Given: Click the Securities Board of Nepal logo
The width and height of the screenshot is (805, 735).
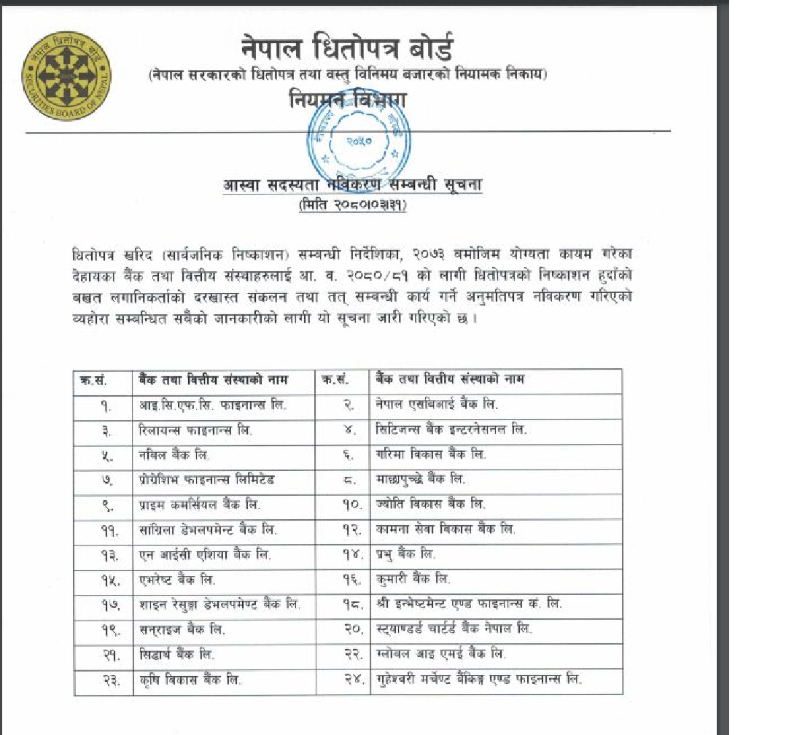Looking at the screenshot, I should [x=67, y=76].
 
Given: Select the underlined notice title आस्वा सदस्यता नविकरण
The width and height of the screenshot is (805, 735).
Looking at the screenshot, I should [x=352, y=185].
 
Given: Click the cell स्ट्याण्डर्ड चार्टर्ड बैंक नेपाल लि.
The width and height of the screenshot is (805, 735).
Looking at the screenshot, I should [x=454, y=629].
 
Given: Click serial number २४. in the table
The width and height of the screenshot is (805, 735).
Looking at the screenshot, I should [x=353, y=680].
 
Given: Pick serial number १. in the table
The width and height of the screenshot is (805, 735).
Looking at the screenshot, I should [x=106, y=405].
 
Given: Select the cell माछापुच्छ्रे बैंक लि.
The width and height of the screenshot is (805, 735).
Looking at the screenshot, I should [x=421, y=479].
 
